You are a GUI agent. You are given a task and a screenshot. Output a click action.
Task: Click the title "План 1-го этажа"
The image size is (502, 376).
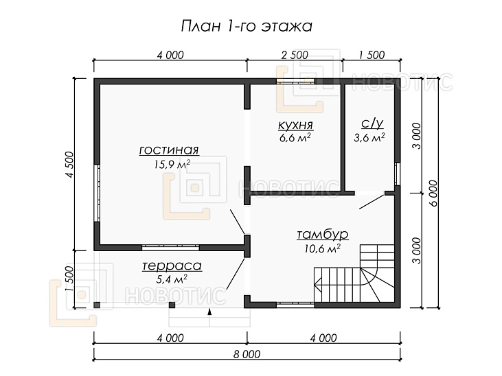(246, 26)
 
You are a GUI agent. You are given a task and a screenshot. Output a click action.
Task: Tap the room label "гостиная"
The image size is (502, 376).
(169, 150)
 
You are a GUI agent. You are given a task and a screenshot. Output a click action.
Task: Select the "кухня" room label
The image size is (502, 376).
(295, 125)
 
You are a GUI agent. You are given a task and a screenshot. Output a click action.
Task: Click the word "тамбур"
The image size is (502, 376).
(322, 235)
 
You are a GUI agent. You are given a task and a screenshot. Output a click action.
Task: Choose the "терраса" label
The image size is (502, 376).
(172, 266)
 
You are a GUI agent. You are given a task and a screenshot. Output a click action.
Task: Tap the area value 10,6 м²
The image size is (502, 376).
(323, 248)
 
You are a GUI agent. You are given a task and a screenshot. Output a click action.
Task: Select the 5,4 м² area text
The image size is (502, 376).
(172, 279)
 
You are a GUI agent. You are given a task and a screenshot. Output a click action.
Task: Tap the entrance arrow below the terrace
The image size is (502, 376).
(209, 312)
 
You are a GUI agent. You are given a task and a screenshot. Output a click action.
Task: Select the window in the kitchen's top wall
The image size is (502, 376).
(296, 81)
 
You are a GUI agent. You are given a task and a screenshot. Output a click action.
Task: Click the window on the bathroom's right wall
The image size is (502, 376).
(396, 174)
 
